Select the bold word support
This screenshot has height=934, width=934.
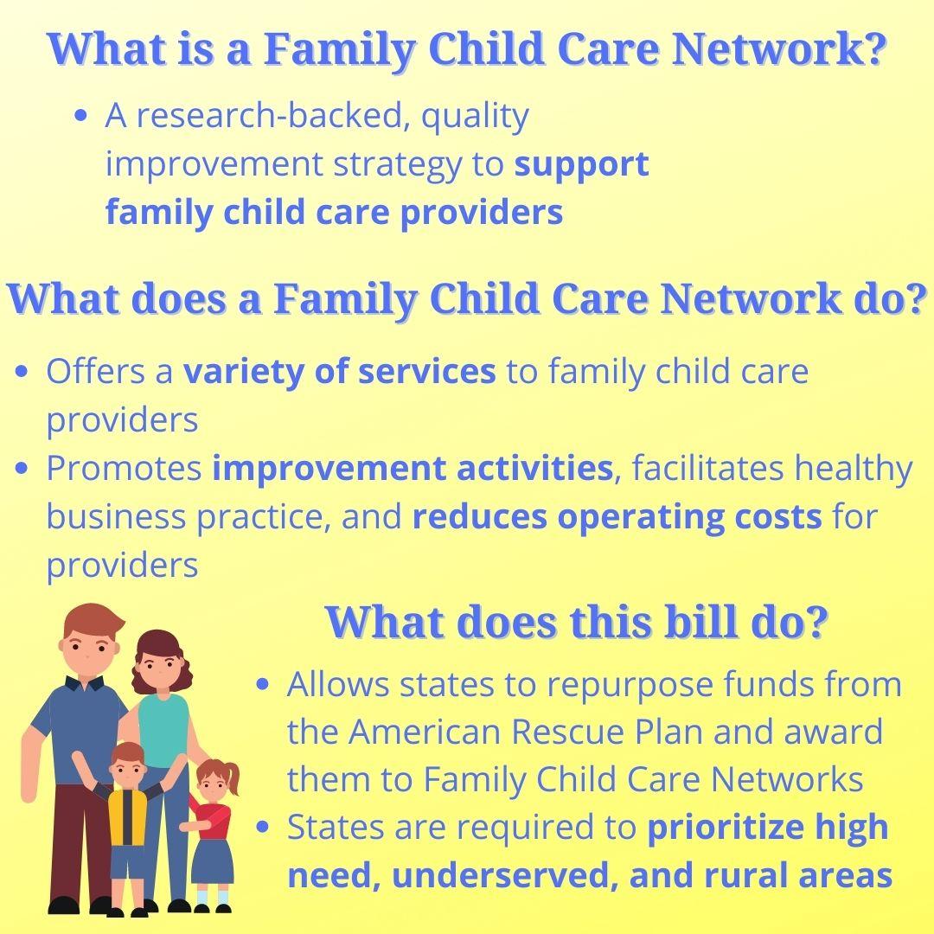(581, 165)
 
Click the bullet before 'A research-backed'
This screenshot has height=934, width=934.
(81, 115)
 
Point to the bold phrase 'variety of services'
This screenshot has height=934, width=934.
(339, 371)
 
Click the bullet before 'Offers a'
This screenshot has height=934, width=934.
(22, 372)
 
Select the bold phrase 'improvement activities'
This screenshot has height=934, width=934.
(413, 468)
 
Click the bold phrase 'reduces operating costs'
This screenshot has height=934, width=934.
(617, 517)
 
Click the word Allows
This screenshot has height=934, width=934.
(338, 684)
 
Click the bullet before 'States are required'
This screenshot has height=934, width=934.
(262, 828)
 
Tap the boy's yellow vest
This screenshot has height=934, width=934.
(127, 816)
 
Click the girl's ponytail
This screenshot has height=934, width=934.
(233, 777)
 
